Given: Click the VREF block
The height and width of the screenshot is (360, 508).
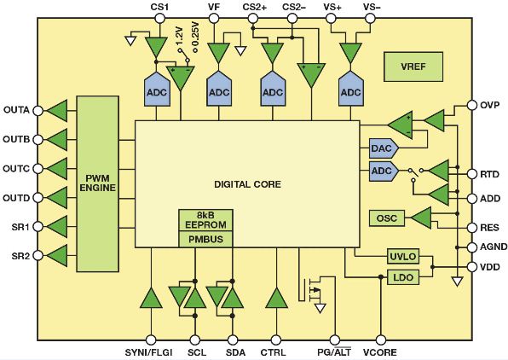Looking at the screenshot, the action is (x=413, y=67).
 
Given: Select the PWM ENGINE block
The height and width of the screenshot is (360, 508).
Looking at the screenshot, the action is (x=97, y=183).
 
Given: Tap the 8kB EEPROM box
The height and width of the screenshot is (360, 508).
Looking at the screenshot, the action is (x=205, y=220).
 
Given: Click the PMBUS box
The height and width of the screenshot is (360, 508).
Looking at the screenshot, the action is (x=205, y=240).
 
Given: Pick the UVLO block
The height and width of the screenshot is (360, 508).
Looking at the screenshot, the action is (x=403, y=257).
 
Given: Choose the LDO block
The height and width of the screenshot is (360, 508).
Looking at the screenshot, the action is (x=403, y=277).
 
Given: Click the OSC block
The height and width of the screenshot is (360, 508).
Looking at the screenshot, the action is (x=387, y=218).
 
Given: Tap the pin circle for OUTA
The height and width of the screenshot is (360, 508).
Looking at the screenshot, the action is (x=38, y=111).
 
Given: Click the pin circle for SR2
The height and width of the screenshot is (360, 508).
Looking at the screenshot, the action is (x=38, y=256).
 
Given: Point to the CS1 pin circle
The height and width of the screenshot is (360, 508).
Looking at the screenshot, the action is (x=159, y=18).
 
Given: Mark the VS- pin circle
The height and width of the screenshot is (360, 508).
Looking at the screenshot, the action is (x=370, y=18).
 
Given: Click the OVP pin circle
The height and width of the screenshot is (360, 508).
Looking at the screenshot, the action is (x=472, y=105).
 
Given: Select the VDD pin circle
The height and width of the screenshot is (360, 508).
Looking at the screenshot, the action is (x=472, y=267).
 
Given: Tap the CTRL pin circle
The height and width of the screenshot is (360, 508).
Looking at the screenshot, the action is (x=275, y=340).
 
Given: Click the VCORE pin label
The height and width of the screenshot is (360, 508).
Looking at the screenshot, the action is (x=379, y=352).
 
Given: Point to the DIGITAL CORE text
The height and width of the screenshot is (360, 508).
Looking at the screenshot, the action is (x=247, y=184).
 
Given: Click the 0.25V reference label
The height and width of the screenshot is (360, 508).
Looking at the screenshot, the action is (x=195, y=36).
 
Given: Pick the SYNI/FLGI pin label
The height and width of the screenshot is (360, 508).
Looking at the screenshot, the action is (x=148, y=352).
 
